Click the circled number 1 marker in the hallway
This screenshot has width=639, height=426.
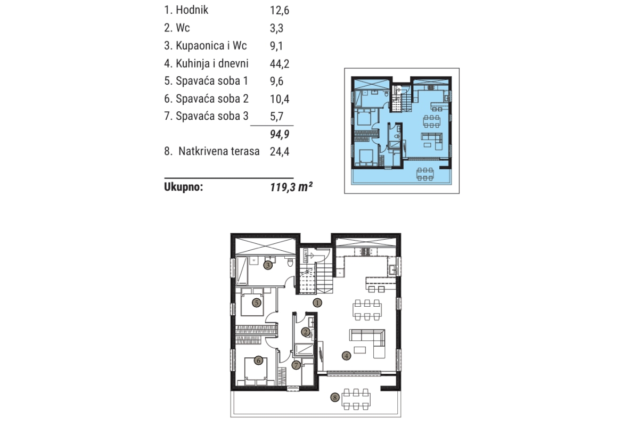point(317,303)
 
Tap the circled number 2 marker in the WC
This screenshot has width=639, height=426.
point(306,332)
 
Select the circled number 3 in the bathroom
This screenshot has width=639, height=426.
point(267,265)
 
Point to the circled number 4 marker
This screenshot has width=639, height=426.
point(346,356)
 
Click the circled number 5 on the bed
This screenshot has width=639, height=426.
point(257,303)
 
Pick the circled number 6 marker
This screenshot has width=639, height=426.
point(258,361)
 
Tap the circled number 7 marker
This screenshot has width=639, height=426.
point(296,365)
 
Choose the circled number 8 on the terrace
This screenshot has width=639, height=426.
point(335,397)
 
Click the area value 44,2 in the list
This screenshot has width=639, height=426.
point(280,63)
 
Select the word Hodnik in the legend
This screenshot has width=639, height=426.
point(192,10)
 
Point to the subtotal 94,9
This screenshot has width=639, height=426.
point(280,134)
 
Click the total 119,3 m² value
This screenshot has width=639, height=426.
point(291,187)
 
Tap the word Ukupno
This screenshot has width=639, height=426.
point(183,187)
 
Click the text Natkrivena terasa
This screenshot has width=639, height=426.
point(219,151)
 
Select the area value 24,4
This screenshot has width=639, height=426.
point(280,152)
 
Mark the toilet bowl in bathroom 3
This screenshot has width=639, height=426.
point(290,262)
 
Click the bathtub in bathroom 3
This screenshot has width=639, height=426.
point(242,271)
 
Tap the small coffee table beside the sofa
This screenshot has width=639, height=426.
point(360,350)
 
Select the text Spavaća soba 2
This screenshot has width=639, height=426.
point(212,99)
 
